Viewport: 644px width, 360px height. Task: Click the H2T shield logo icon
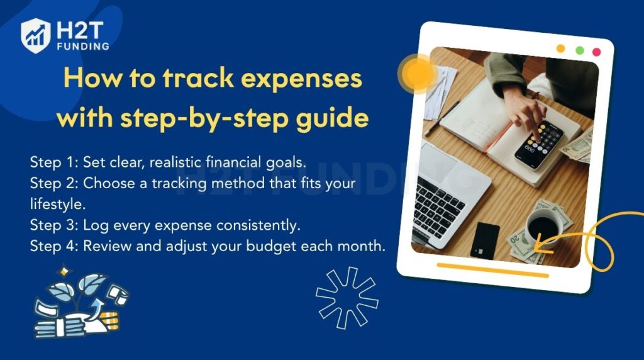pos(35,35)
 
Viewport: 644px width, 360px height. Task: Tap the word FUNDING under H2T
pos(82,46)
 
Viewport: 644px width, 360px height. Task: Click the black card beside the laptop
pos(486,240)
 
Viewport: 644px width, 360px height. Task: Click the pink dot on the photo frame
pos(596,52)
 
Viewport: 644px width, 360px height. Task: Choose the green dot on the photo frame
pos(579,50)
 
